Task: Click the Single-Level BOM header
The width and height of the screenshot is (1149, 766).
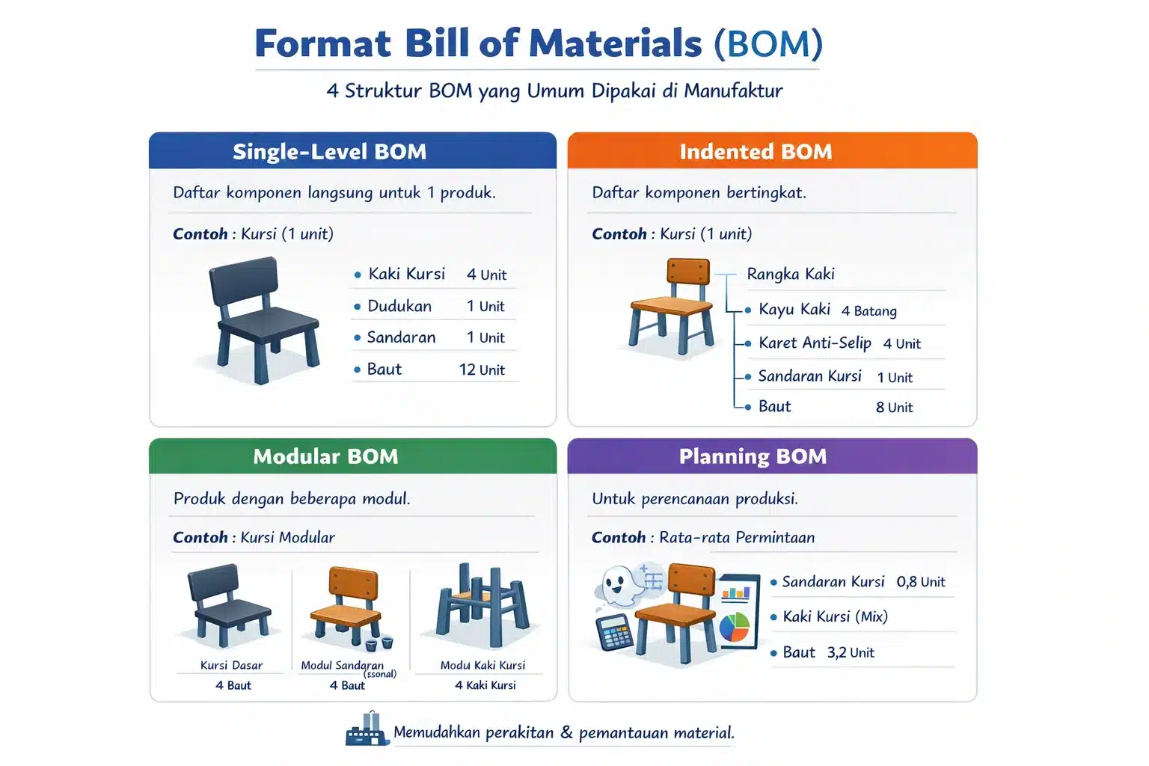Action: (329, 152)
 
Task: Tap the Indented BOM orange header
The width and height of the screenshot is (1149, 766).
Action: (756, 152)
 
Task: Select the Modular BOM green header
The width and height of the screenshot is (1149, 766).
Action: (325, 456)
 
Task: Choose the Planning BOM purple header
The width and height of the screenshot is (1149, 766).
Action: (753, 456)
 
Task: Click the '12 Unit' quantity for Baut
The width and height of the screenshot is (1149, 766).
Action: (482, 370)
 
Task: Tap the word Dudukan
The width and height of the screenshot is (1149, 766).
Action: (399, 306)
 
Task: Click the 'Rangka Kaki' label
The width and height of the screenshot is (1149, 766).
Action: (791, 275)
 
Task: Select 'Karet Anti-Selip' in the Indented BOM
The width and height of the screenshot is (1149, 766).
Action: (815, 343)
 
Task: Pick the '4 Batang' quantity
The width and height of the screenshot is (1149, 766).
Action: (868, 311)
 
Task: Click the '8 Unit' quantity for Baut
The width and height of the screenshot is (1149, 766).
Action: (894, 408)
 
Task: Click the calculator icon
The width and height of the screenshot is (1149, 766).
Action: (614, 633)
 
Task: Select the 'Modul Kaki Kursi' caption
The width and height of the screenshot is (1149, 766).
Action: (482, 666)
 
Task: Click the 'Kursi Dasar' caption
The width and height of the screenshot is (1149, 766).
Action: (231, 666)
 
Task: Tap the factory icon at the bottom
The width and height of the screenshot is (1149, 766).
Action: (367, 731)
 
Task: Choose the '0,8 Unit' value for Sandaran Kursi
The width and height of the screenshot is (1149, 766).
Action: (921, 582)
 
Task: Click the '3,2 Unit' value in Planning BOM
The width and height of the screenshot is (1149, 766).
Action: (851, 653)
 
